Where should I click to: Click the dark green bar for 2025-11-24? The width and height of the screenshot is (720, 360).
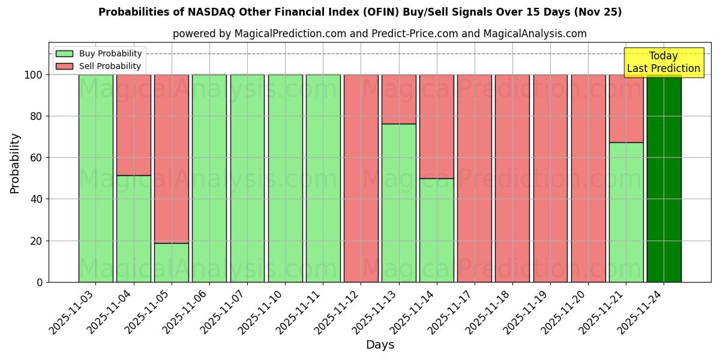(664, 178)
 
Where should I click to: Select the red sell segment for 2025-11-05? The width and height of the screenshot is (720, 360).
(172, 158)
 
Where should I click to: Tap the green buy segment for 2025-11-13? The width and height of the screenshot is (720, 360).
(399, 203)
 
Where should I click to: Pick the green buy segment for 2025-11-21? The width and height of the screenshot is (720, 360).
(626, 212)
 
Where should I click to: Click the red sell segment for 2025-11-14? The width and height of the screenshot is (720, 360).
(437, 126)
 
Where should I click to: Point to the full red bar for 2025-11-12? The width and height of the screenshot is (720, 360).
(361, 178)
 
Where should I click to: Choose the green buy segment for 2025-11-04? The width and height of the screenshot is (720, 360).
(134, 229)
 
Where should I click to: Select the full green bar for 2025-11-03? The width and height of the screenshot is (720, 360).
(96, 178)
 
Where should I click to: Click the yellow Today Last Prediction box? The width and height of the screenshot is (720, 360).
(664, 62)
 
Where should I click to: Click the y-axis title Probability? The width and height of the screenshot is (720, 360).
(15, 163)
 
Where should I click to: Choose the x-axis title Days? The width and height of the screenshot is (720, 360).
(380, 345)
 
